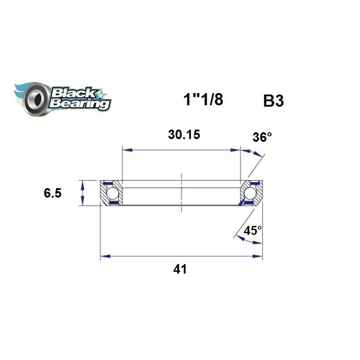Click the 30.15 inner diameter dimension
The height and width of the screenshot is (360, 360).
(184, 135)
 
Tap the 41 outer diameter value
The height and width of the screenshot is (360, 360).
(180, 270)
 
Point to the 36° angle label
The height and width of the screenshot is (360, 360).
(262, 137)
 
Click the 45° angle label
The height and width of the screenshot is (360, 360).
(252, 231)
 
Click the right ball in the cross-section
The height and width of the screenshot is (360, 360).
(250, 193)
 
